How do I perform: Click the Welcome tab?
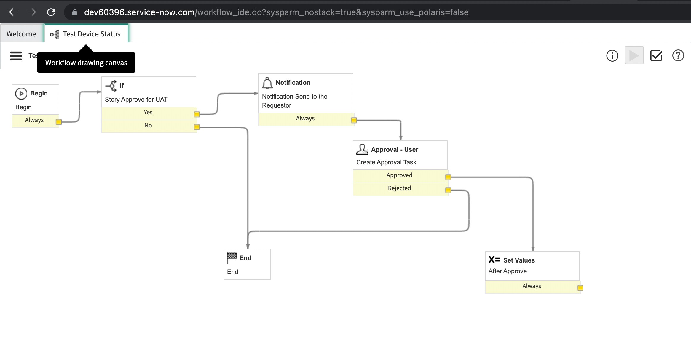coord(21,34)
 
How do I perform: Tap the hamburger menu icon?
coord(16,56)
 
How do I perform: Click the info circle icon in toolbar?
coord(612,56)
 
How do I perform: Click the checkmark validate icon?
coord(656,56)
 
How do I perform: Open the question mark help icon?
coord(678,56)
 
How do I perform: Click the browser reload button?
coord(51,12)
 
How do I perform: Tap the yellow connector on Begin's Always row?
coord(59,122)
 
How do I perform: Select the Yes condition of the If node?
coord(148,113)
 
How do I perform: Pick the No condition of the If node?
coord(148,126)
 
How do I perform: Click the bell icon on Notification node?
coord(267,83)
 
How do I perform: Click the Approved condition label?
coord(399,175)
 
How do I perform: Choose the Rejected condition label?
coord(399,188)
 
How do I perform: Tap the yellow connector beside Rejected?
coord(448,190)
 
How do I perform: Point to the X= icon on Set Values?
coord(494,260)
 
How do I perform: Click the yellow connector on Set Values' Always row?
coord(580,288)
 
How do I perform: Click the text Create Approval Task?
coord(386,162)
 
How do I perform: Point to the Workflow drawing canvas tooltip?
coord(86,63)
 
